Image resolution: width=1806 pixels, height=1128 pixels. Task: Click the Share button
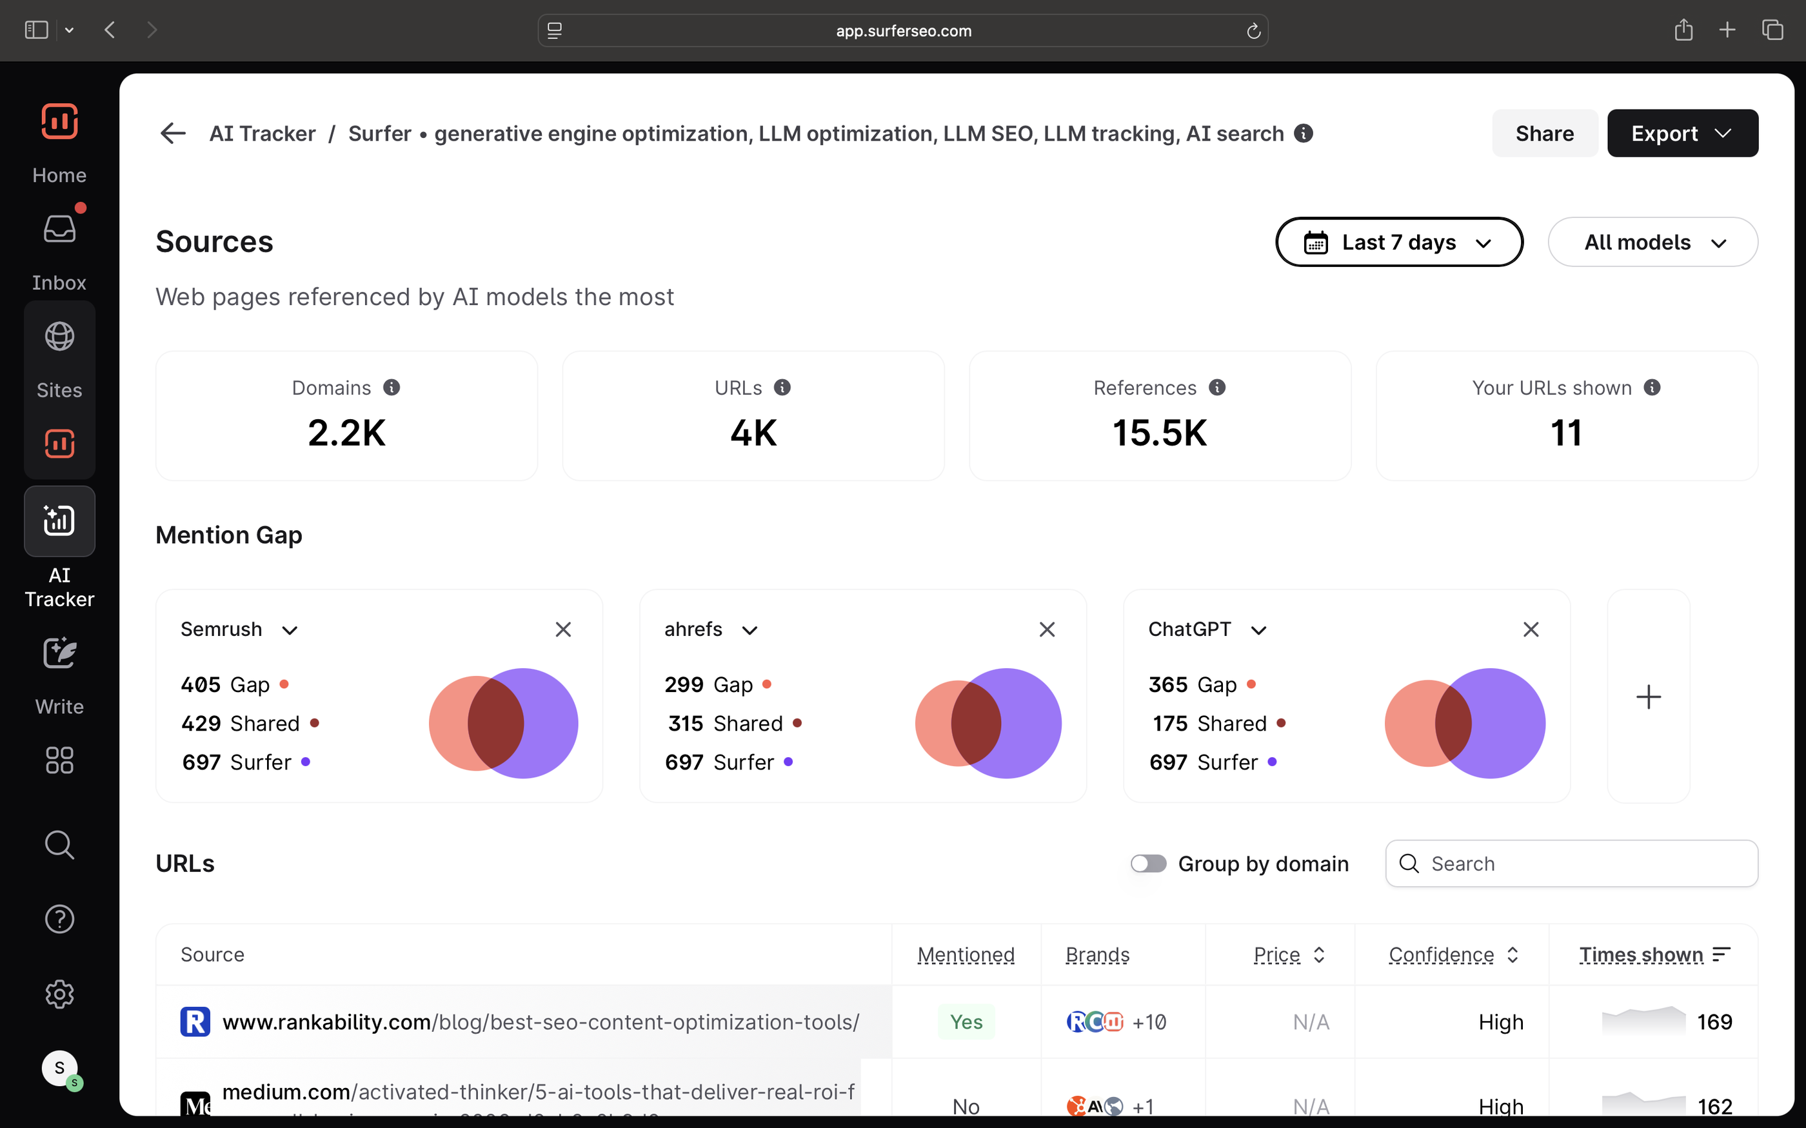1544,134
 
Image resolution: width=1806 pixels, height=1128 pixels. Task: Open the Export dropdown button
1682,134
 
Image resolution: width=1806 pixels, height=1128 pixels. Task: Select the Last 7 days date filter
1399,242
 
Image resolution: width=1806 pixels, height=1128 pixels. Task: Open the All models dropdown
1652,242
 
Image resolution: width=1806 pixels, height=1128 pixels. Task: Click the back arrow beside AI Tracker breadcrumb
173,134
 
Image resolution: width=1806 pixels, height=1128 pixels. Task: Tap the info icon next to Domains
392,387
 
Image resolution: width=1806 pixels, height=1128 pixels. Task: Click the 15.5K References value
1159,433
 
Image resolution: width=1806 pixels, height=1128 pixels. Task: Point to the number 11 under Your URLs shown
1566,433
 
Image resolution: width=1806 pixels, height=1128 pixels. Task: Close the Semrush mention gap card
563,629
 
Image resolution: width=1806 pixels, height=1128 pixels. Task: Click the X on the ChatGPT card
1531,629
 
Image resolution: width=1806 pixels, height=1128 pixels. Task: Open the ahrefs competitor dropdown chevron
749,630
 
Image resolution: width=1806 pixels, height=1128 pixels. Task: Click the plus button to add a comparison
1648,697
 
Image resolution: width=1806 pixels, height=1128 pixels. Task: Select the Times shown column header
1641,955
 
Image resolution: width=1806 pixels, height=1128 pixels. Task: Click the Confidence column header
1441,955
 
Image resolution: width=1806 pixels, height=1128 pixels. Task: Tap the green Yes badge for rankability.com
966,1022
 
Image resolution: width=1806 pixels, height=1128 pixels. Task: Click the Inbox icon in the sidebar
60,230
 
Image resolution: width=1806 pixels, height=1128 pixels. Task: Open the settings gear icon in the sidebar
60,994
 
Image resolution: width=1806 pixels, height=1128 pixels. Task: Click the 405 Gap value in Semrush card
201,685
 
